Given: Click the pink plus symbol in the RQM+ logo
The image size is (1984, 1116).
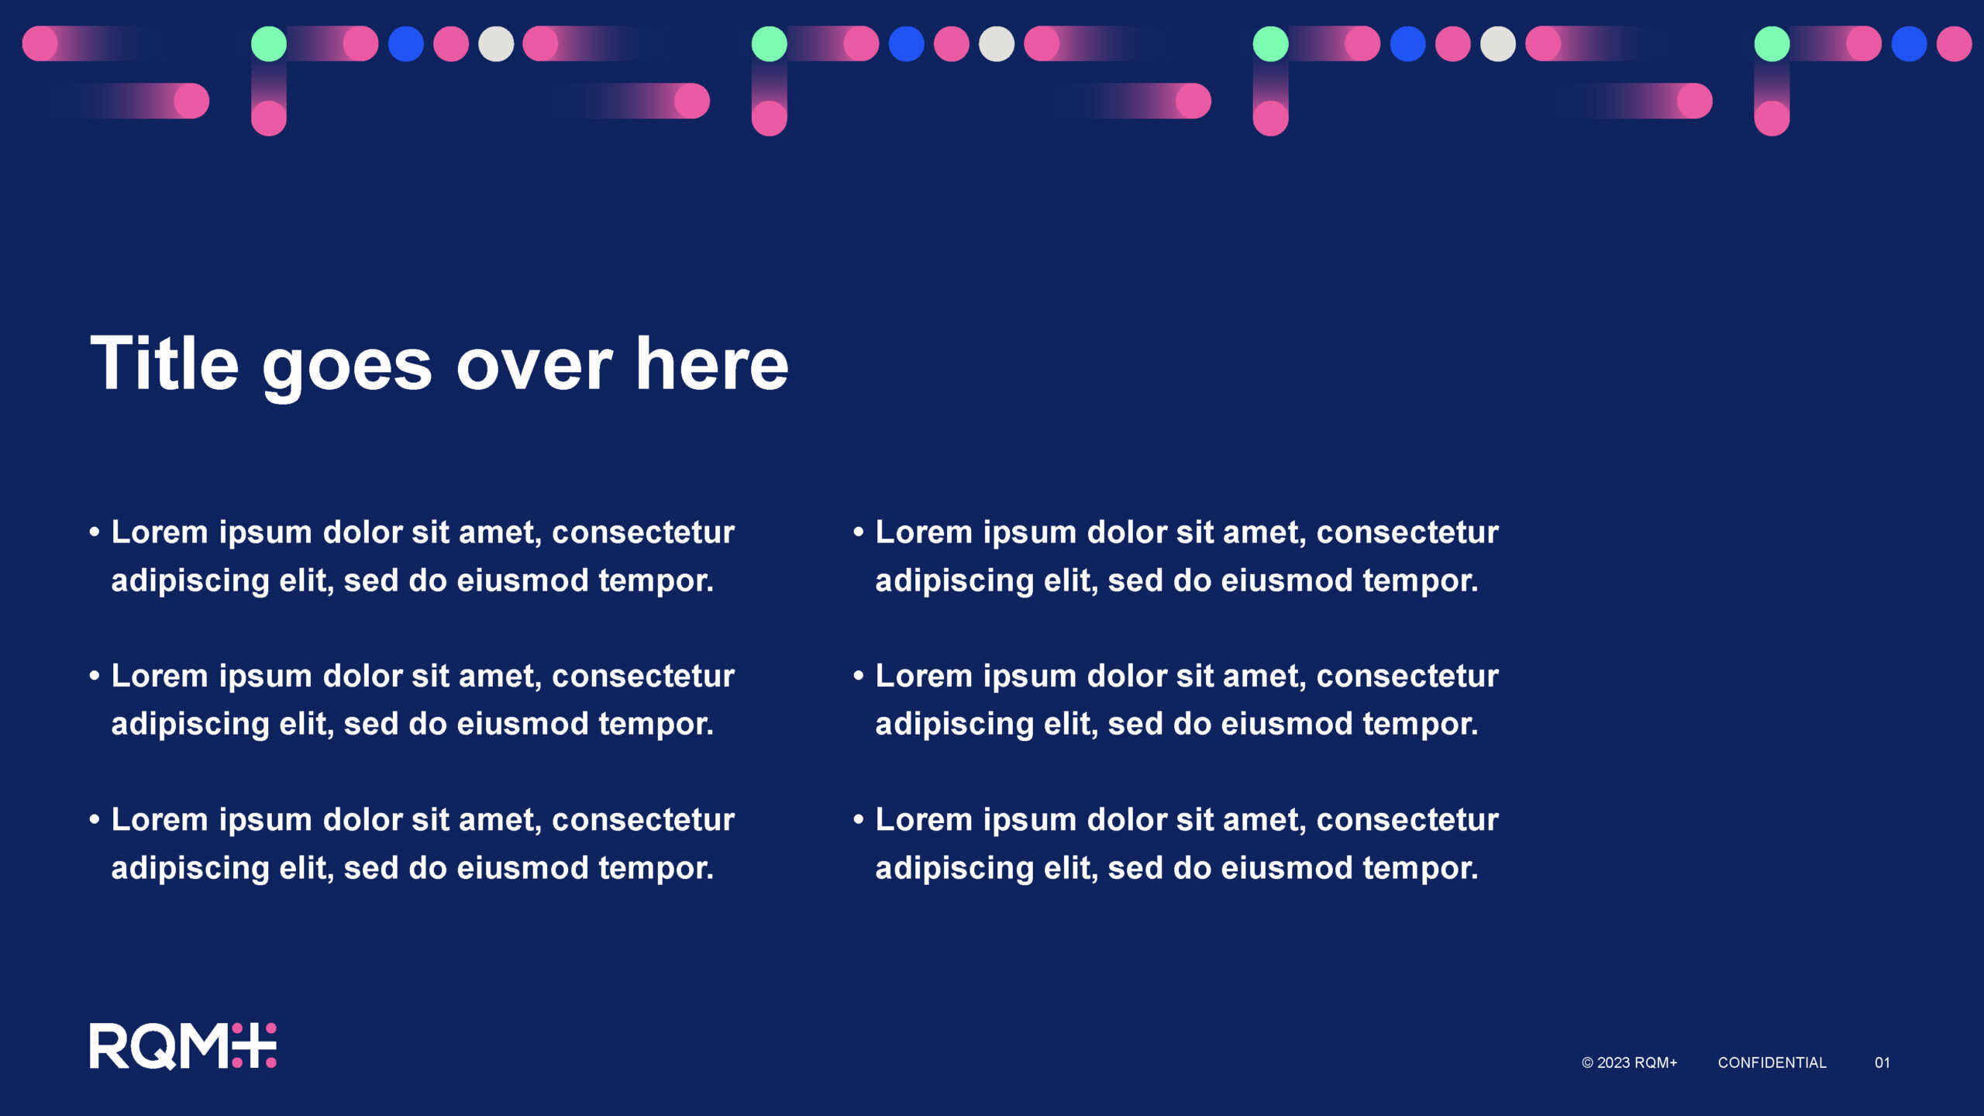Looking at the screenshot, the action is click(254, 1045).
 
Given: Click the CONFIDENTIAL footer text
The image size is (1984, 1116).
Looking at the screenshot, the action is click(1772, 1063).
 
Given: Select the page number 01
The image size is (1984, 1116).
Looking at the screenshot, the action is click(1882, 1063).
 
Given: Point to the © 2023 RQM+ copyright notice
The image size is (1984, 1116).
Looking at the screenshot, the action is click(1629, 1063).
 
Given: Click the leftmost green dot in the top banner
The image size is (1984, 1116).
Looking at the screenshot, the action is click(269, 43).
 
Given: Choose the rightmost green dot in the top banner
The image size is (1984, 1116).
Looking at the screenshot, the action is click(1772, 43).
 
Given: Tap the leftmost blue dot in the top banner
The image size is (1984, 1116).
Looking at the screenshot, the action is click(405, 43).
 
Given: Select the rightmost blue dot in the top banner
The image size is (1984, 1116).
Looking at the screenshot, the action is click(1909, 43).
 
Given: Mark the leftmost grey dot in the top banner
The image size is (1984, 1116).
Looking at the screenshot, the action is click(496, 43).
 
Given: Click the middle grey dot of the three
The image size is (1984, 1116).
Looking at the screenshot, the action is click(997, 43).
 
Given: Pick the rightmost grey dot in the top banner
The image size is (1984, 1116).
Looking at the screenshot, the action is click(1498, 43).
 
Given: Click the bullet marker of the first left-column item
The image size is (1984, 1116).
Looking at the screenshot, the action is click(95, 532).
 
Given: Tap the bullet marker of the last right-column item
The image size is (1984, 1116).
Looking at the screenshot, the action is click(859, 820).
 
